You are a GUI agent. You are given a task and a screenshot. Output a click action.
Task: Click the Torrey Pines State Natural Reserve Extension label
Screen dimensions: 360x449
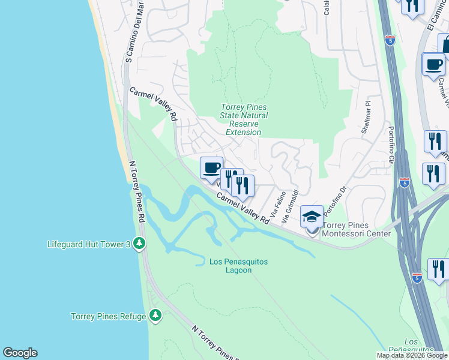243,120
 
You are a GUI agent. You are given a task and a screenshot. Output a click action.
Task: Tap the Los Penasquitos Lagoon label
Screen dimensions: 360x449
238,266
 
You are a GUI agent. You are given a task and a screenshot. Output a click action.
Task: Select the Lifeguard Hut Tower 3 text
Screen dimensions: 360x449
89,244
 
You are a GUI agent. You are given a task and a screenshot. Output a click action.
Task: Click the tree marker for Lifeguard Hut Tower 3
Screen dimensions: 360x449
139,243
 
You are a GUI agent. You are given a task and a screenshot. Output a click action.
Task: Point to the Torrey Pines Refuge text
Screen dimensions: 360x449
109,316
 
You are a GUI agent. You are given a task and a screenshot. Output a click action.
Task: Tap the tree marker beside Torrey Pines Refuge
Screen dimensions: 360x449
155,315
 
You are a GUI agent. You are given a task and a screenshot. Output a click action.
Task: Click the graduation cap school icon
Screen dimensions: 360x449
312,217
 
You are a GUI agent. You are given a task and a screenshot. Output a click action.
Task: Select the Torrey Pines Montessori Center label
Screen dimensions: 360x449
357,229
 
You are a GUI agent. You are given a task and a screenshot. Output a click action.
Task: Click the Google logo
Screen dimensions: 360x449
20,353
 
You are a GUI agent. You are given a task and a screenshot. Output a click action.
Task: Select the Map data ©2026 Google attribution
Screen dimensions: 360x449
412,355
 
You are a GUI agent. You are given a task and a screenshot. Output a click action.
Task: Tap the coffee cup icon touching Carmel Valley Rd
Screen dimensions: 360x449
211,168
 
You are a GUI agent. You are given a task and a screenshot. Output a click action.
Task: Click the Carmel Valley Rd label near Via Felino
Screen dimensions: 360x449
243,208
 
